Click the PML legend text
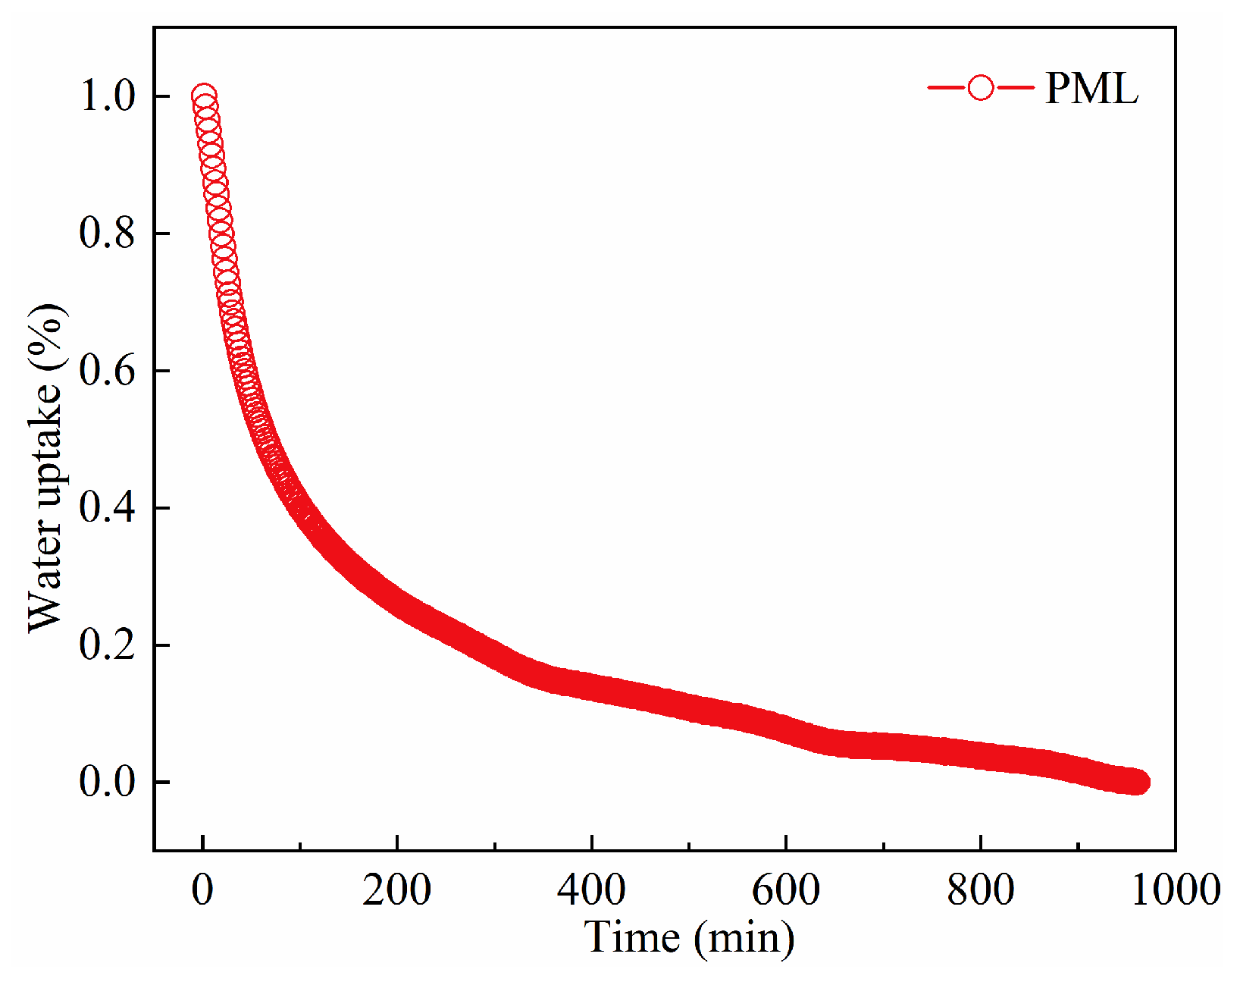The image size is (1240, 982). [1091, 89]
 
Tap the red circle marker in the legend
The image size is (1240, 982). [980, 88]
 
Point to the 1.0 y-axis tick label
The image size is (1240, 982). [107, 96]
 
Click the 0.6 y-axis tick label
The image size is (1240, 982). [107, 371]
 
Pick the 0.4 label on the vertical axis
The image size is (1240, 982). [107, 507]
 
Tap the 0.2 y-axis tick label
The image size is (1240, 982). [107, 645]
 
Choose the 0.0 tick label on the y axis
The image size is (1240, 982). [107, 782]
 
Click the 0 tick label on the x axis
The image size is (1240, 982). [202, 889]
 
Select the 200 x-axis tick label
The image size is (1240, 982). [396, 889]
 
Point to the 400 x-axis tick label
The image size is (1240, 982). [591, 889]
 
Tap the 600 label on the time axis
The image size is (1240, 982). [786, 889]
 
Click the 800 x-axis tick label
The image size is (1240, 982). [980, 889]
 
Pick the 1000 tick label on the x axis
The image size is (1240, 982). [1175, 889]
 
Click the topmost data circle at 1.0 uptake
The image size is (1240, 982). [203, 98]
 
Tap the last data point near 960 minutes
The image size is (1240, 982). [1137, 782]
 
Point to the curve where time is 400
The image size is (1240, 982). [591, 688]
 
